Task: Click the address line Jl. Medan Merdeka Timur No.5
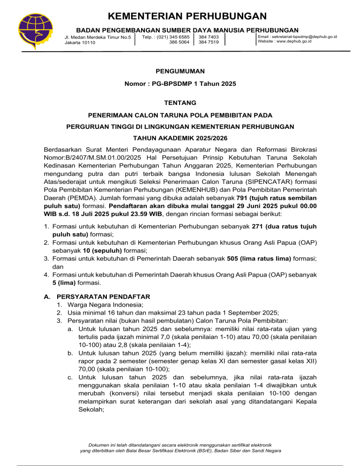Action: pos(97,37)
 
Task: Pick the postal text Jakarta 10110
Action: pos(80,43)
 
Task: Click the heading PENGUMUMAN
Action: pos(180,72)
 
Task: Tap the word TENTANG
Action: pos(180,102)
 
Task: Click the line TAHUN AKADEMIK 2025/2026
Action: pos(180,139)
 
